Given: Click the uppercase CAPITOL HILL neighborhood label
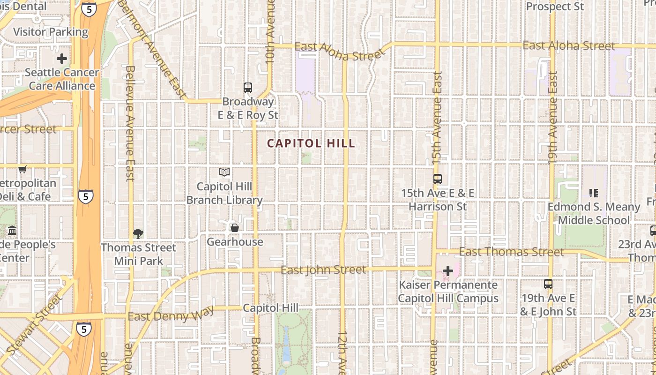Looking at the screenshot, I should click(311, 143).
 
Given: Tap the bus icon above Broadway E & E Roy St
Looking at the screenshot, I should click(247, 87).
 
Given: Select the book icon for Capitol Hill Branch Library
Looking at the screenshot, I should click(224, 172).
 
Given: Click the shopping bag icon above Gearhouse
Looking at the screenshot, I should click(234, 228).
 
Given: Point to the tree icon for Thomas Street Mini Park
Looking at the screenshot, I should click(138, 233).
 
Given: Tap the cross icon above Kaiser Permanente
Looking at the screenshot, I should click(448, 271).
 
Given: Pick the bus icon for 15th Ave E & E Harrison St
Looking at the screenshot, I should click(437, 179).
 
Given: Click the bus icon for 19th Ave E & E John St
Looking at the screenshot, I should click(548, 284).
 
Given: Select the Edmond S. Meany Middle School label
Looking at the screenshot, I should click(594, 213).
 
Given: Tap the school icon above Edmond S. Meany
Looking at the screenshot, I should click(594, 193).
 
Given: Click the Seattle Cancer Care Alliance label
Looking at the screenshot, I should click(62, 79).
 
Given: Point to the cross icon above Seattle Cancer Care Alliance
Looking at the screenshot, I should click(61, 59).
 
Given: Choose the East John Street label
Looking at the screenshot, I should click(323, 270).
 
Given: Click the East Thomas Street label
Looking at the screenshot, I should click(512, 252).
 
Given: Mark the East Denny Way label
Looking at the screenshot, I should click(171, 315).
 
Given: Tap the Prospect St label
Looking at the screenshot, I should click(555, 7).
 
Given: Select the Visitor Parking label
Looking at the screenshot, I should click(51, 32).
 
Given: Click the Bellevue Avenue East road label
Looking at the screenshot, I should click(130, 123).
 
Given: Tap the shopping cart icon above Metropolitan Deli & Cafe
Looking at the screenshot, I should click(22, 169).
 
